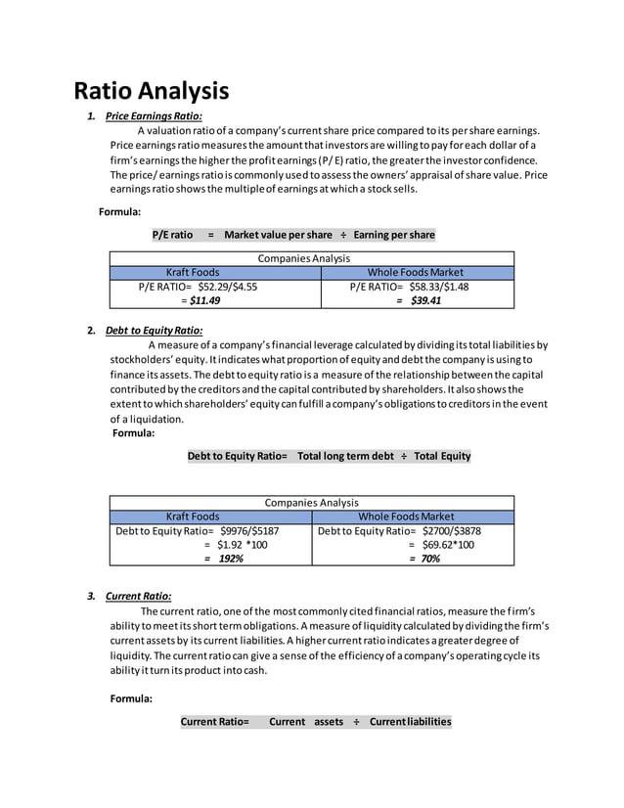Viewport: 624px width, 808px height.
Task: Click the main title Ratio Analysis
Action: pos(152,91)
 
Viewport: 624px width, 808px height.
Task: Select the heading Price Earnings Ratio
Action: pos(154,117)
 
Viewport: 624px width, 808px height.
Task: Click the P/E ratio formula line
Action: pos(293,235)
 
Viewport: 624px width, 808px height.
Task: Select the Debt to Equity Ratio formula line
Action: pos(329,456)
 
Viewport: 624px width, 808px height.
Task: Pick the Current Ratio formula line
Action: pos(315,722)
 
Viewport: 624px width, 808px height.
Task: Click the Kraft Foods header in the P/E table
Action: pos(193,272)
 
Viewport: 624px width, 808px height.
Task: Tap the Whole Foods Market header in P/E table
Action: pos(415,272)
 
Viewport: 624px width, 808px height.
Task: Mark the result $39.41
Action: pos(424,300)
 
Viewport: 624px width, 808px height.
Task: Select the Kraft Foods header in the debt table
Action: pos(193,516)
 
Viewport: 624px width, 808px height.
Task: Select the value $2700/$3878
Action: pos(451,531)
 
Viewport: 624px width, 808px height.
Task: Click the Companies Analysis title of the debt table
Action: pos(311,503)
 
